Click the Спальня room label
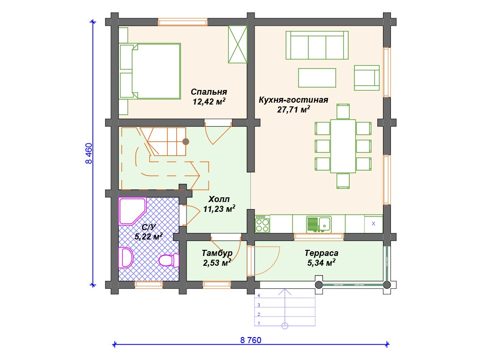coord(209,92)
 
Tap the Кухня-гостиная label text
coord(293,100)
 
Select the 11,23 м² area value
coord(219,209)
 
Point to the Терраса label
coord(322,253)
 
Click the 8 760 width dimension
coord(251,340)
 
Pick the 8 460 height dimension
coord(89,153)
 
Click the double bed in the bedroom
coord(150,71)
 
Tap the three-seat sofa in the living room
coord(317,45)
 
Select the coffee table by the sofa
coord(317,78)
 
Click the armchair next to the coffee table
coord(367,78)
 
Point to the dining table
coord(343,146)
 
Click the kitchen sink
coord(319,225)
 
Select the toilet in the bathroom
coord(169,260)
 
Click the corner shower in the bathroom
coord(132,211)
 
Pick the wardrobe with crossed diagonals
coord(238,45)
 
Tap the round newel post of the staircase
coord(186,142)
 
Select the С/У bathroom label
coord(149,227)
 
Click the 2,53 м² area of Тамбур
coord(217,262)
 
